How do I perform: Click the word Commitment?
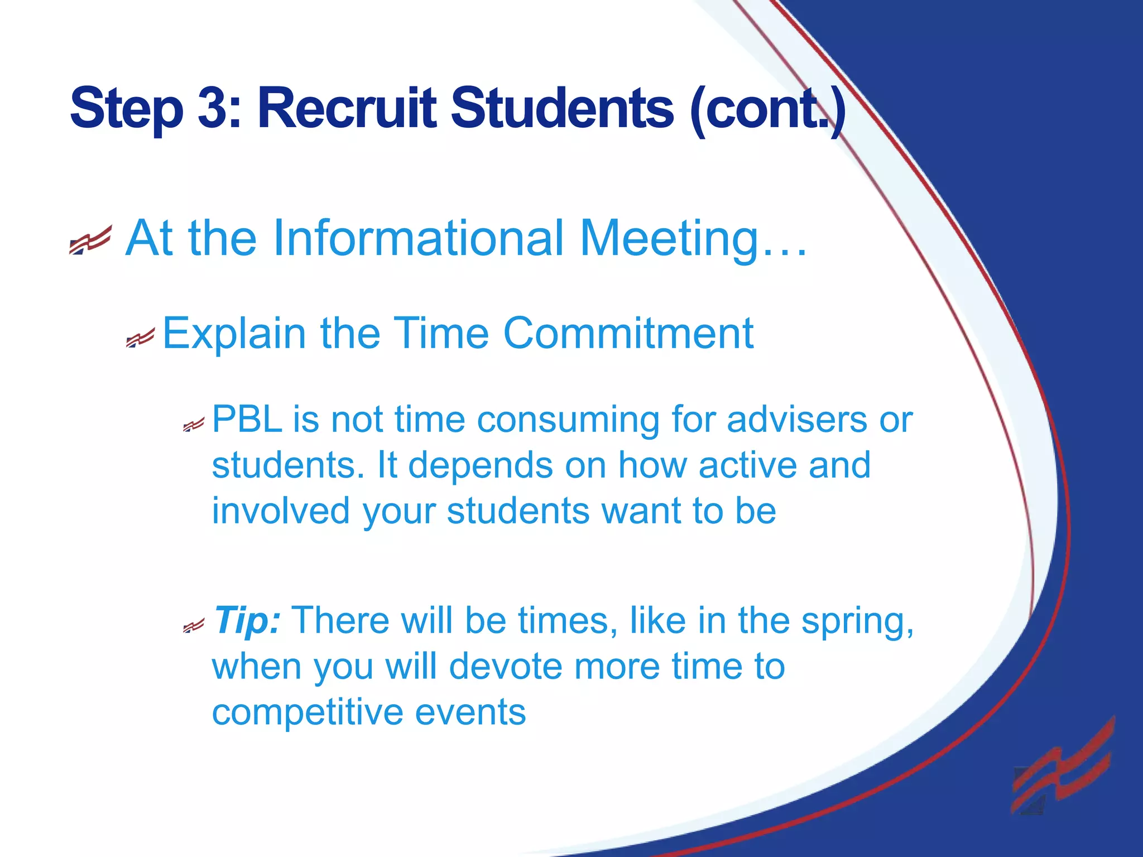point(628,334)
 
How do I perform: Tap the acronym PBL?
point(247,419)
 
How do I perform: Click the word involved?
point(281,511)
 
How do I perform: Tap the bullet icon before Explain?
point(140,338)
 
